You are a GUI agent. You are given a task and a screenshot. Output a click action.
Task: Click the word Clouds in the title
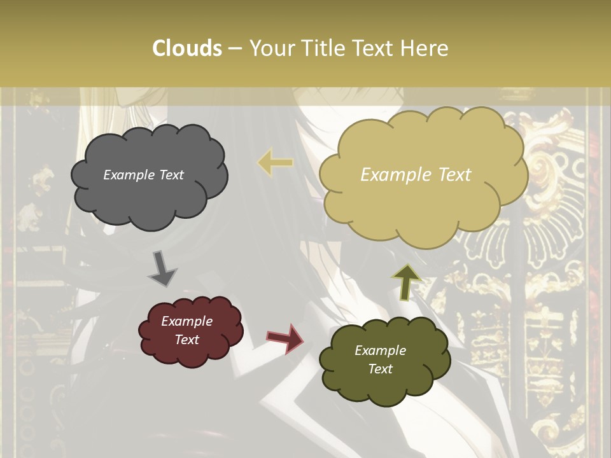pyautogui.click(x=186, y=48)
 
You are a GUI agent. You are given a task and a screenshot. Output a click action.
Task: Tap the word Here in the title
pyautogui.click(x=425, y=48)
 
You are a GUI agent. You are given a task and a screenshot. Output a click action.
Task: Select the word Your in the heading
pyautogui.click(x=270, y=48)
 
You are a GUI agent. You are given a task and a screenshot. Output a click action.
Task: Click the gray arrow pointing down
pyautogui.click(x=162, y=268)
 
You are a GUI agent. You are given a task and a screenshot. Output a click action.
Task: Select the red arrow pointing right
pyautogui.click(x=285, y=338)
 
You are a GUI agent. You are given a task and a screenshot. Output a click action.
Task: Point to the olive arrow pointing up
pyautogui.click(x=407, y=282)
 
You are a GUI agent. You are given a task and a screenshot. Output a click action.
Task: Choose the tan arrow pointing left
pyautogui.click(x=275, y=163)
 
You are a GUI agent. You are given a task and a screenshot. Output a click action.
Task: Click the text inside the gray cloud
pyautogui.click(x=143, y=175)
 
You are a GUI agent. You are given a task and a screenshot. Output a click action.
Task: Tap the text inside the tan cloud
pyautogui.click(x=416, y=175)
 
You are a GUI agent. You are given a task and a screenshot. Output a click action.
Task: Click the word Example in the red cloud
pyautogui.click(x=186, y=321)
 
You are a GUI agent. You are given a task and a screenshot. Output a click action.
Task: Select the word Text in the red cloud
pyautogui.click(x=186, y=340)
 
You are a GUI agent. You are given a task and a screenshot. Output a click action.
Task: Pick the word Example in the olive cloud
pyautogui.click(x=380, y=350)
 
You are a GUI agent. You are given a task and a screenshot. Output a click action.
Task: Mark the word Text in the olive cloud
pyautogui.click(x=380, y=369)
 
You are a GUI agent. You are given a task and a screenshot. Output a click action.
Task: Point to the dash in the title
pyautogui.click(x=235, y=49)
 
